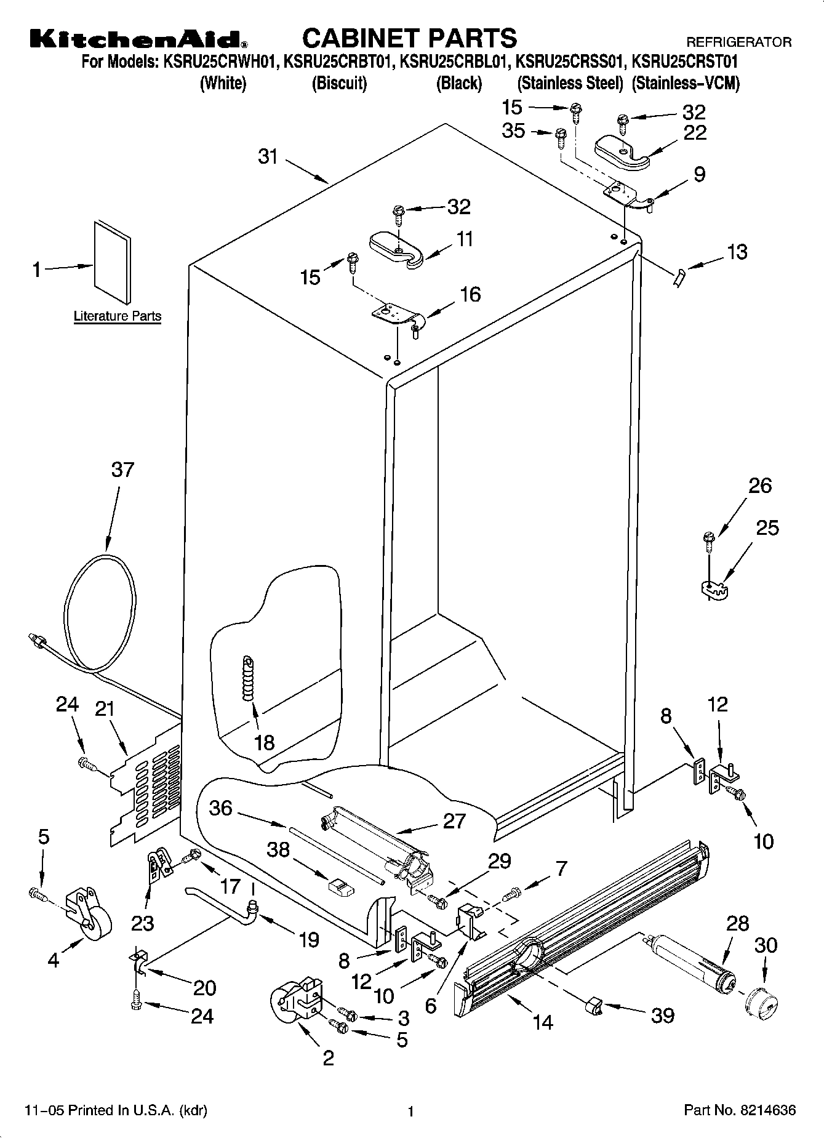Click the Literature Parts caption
118,316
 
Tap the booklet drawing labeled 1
112,262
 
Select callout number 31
268,157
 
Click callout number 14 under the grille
542,1022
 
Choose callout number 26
760,486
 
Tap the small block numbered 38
340,887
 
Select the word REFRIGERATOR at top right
738,42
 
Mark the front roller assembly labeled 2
296,1001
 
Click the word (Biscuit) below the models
339,83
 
